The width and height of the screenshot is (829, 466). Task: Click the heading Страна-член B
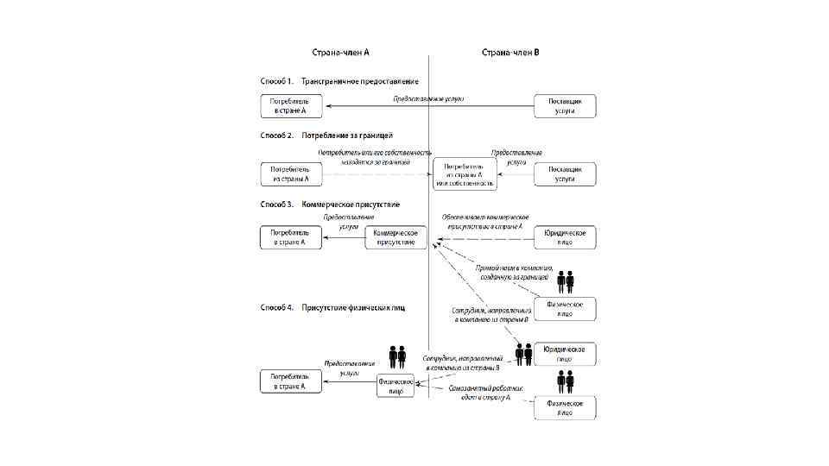[510, 53]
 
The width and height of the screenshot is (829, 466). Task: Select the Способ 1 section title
[339, 81]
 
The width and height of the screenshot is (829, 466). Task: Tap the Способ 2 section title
[326, 135]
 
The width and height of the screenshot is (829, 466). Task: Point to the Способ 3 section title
[330, 205]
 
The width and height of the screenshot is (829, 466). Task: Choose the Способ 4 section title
[332, 307]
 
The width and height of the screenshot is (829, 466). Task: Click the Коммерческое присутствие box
[396, 237]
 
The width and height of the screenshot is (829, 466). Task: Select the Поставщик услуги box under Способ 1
[566, 106]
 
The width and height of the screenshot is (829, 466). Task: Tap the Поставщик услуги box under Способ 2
[566, 174]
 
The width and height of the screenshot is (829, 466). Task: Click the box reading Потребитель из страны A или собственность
[467, 174]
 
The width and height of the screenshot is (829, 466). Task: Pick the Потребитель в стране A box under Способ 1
[291, 106]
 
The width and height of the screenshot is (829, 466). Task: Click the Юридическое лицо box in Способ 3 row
[566, 237]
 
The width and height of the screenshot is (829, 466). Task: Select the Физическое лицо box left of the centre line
[396, 386]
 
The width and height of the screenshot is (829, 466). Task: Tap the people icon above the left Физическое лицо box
[397, 355]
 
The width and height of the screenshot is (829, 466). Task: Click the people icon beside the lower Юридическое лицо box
[523, 354]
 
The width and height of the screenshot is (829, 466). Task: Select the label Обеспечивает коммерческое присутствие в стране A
[485, 221]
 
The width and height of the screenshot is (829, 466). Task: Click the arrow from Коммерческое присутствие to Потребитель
[344, 238]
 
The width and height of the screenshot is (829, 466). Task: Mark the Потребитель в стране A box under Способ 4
[291, 381]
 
